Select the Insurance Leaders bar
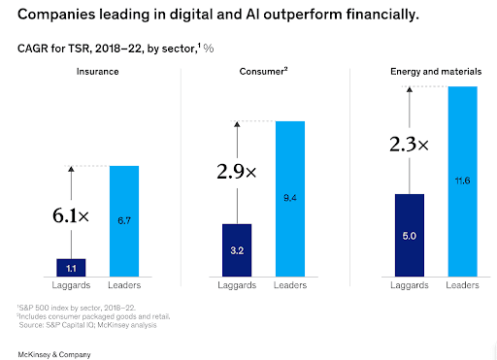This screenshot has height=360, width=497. coord(124,222)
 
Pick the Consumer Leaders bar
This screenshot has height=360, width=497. coord(289,200)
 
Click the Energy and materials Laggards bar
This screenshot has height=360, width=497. coord(411,236)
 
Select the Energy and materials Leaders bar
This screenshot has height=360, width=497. coord(462,182)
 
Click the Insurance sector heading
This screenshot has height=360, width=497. coord(97,71)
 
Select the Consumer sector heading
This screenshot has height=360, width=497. coord(262,71)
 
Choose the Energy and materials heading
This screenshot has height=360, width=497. coord(434,71)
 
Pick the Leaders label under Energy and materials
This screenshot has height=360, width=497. coord(462,285)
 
